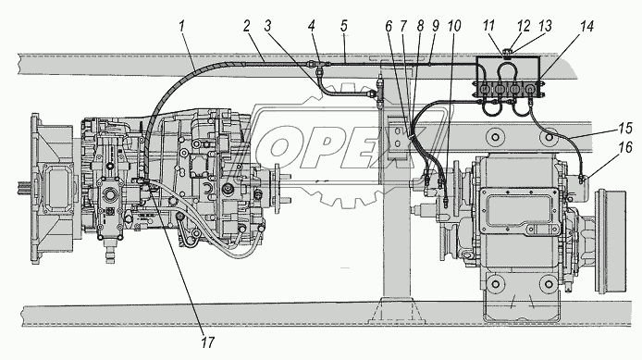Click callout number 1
(x=181, y=26)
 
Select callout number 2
(x=246, y=26)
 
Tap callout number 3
(x=267, y=26)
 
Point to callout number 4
(x=312, y=26)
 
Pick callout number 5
(x=344, y=26)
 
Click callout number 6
(x=389, y=26)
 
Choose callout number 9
(x=435, y=26)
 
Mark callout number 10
(x=453, y=26)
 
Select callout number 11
(x=488, y=26)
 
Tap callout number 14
(x=586, y=26)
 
